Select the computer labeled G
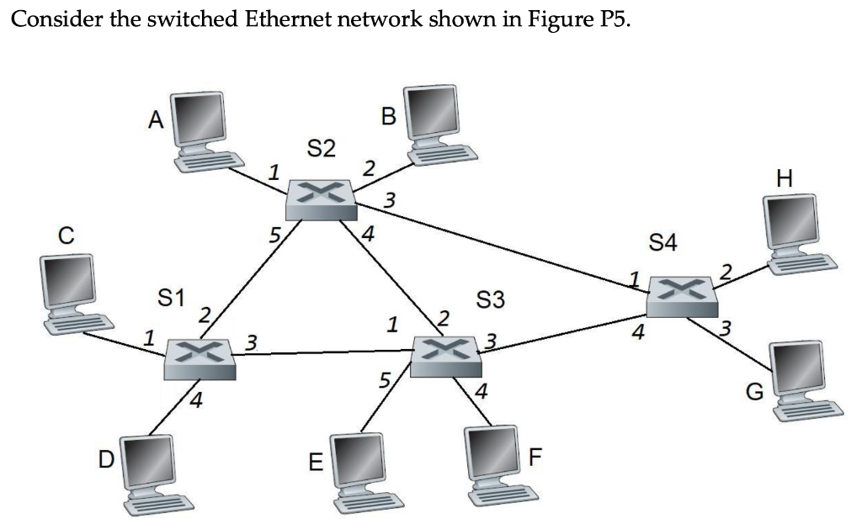[804, 380]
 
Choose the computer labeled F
[499, 463]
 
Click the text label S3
[491, 299]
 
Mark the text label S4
[662, 244]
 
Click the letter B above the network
[388, 117]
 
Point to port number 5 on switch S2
[273, 235]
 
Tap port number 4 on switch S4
[639, 334]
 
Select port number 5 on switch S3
[384, 380]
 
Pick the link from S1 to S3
[324, 353]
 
